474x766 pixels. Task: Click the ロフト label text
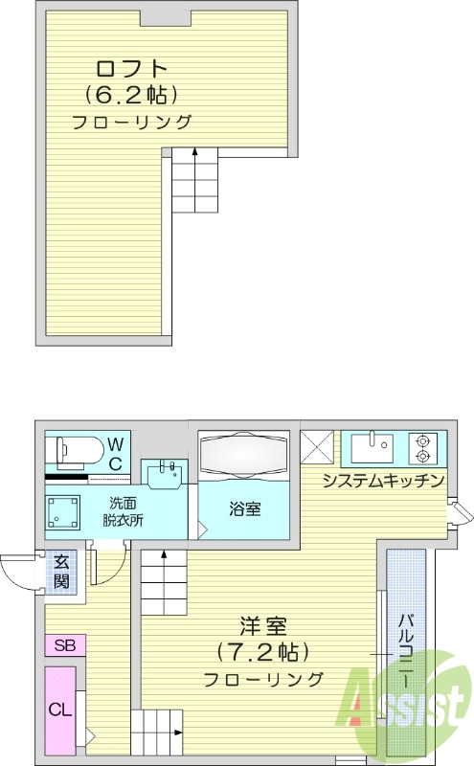[131, 69]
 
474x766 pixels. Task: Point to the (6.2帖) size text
[131, 95]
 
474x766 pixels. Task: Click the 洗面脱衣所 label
[123, 512]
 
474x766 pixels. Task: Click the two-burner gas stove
[422, 445]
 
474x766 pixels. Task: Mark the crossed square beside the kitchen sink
[317, 446]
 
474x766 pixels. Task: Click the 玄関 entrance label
[61, 572]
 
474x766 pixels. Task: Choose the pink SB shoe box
[64, 644]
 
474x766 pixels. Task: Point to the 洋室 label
[262, 628]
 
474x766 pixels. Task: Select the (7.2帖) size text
[262, 653]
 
